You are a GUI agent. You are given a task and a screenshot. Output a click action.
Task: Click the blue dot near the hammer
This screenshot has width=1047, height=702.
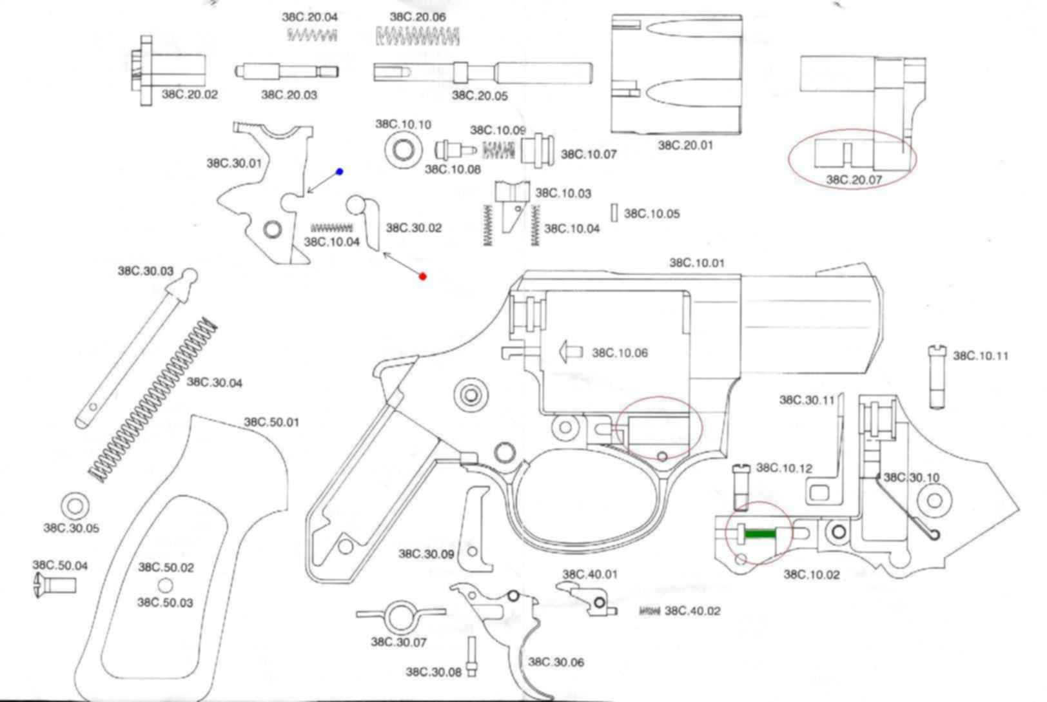click(x=340, y=171)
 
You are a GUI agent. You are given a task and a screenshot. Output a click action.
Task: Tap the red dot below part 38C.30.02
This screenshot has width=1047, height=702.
click(x=423, y=277)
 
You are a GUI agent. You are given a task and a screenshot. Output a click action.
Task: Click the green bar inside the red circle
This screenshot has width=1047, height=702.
click(x=760, y=534)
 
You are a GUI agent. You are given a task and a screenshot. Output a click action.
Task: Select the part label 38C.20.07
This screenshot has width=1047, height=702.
click(x=854, y=180)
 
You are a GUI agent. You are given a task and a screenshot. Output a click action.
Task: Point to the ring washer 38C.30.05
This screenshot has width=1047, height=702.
click(x=75, y=505)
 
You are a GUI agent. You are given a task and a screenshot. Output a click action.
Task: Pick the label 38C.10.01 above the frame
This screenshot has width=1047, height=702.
click(x=697, y=262)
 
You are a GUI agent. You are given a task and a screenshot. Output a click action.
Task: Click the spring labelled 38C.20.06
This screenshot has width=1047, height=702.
click(x=418, y=37)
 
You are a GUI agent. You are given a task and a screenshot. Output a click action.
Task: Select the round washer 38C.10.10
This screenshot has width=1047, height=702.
click(x=404, y=151)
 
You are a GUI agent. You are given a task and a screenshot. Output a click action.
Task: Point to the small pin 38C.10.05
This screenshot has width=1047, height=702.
click(x=614, y=213)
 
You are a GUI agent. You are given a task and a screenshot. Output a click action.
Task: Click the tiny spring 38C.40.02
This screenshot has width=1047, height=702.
click(x=649, y=611)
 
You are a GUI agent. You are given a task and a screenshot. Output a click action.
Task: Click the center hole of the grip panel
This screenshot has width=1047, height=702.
click(x=166, y=585)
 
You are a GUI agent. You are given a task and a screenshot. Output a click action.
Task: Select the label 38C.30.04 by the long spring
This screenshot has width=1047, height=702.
click(x=214, y=383)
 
